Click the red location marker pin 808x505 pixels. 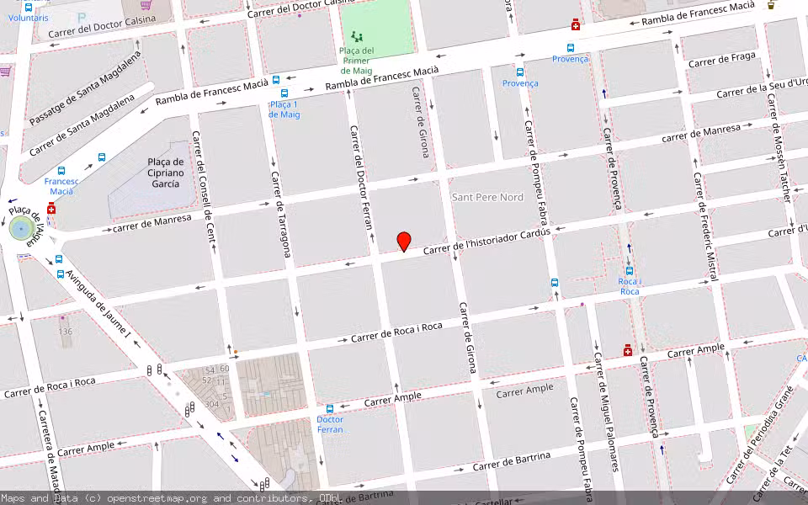pos(404,241)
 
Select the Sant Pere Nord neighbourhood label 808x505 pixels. pos(487,197)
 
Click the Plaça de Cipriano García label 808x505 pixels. pos(165,173)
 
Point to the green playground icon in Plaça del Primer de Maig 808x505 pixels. pos(358,37)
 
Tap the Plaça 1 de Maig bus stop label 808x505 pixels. pos(284,109)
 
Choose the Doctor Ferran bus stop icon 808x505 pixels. pos(329,408)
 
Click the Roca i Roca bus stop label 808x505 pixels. pos(629,286)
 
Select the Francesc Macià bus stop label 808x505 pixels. pos(61,186)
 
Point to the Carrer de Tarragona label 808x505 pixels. pos(281,215)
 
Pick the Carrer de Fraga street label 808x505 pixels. pos(721,60)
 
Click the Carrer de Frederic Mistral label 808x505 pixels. pos(706,226)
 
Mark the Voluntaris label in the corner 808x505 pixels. pos(29,17)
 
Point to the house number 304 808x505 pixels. pos(212,404)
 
